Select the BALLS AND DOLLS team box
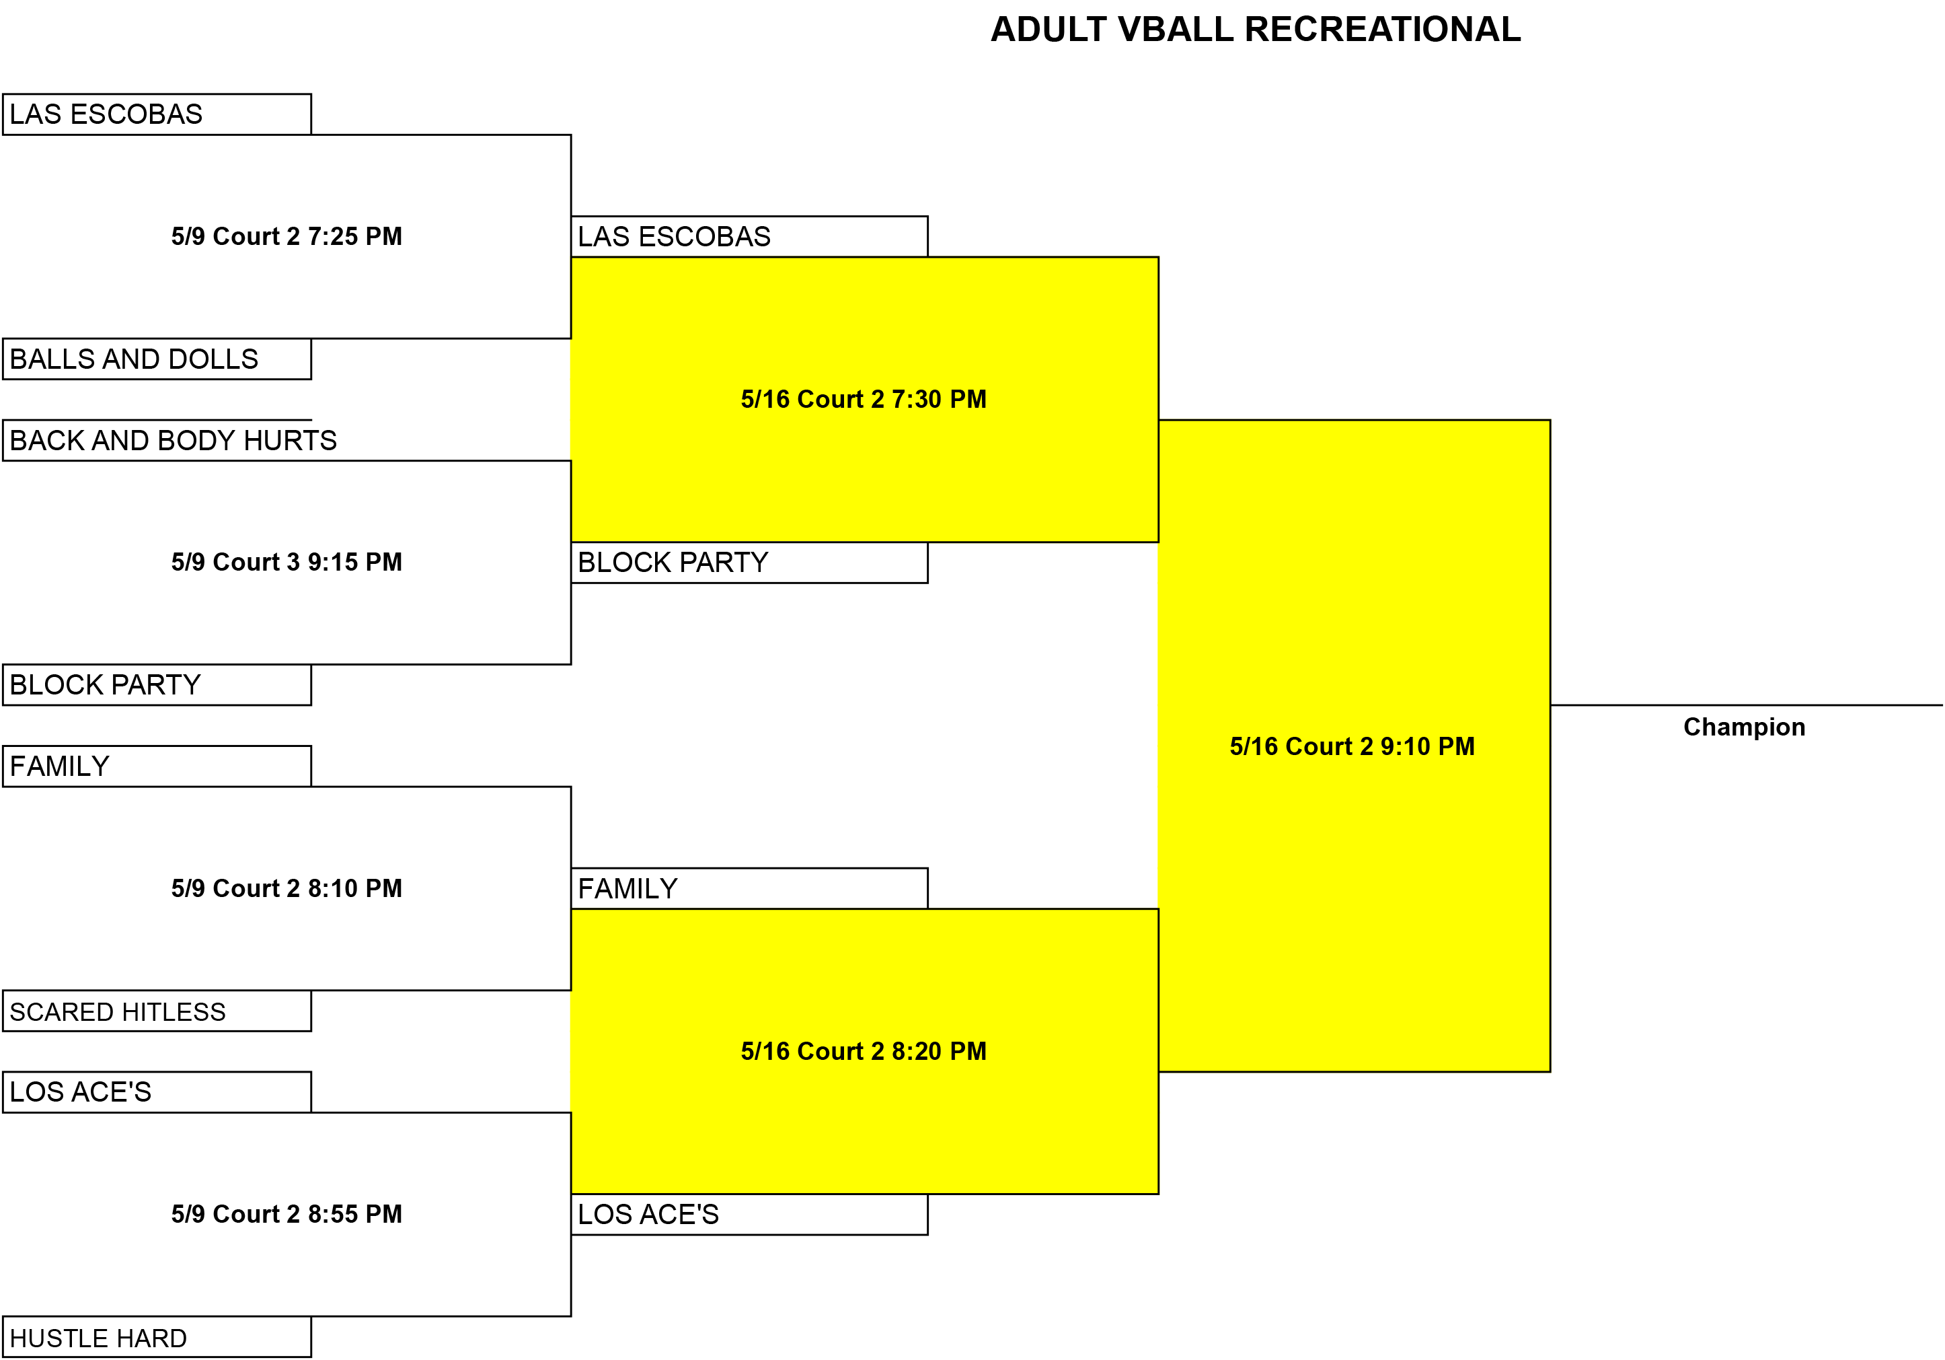click(157, 359)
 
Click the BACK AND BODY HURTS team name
click(173, 441)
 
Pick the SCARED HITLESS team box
click(157, 1011)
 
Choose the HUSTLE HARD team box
click(157, 1337)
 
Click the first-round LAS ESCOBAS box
click(157, 114)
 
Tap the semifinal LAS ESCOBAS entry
click(750, 236)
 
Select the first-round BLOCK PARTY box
click(157, 684)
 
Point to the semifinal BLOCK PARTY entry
click(750, 563)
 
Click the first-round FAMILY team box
click(157, 766)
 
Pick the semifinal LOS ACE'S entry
click(750, 1214)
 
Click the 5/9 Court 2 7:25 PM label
click(287, 236)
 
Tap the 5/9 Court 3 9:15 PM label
click(287, 562)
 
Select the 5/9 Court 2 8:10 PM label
click(287, 888)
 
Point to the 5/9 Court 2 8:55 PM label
click(287, 1213)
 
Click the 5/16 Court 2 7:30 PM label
click(864, 399)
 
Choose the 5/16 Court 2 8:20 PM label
click(864, 1050)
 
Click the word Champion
click(1744, 727)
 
